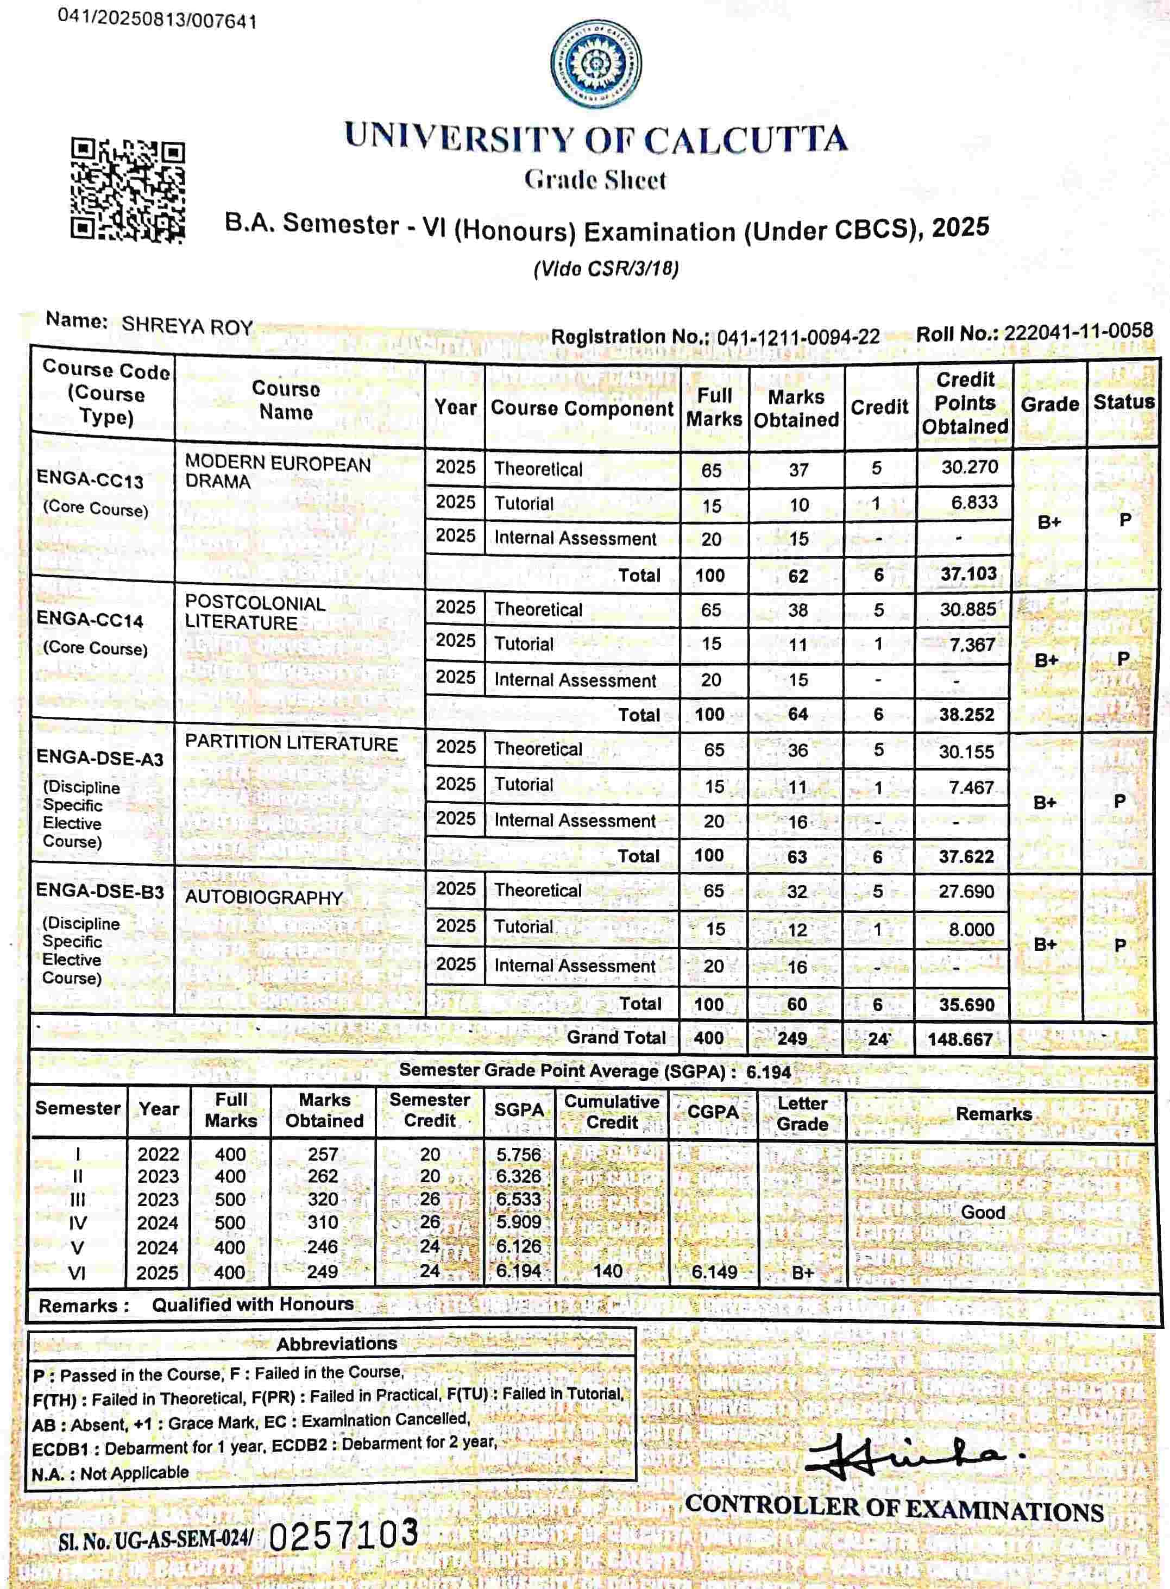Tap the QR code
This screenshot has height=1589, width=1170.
128,190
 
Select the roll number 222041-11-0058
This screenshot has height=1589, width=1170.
1078,331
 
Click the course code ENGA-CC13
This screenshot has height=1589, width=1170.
90,480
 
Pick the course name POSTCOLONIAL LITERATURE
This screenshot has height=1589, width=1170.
255,613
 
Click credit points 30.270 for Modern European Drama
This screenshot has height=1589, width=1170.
970,468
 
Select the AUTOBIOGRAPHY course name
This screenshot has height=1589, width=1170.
263,897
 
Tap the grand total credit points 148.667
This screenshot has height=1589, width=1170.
960,1039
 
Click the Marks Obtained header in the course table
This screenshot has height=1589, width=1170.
796,408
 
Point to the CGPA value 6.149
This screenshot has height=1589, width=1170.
714,1272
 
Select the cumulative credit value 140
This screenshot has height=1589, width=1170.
608,1271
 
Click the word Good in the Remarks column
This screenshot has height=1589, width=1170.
983,1212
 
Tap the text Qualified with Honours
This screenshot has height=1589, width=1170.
253,1304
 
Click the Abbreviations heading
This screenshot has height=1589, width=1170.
336,1344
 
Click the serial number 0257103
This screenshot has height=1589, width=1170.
345,1534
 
